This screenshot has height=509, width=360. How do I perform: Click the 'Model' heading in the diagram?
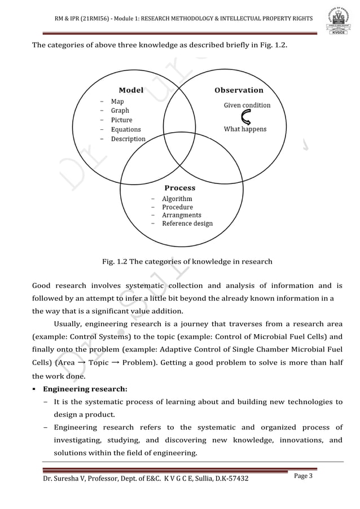click(x=131, y=90)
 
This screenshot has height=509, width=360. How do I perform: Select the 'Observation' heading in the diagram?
click(x=239, y=90)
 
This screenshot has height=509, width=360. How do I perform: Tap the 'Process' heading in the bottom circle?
click(x=179, y=188)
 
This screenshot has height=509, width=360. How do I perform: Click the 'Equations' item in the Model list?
click(x=125, y=129)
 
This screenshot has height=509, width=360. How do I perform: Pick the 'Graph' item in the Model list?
click(x=120, y=111)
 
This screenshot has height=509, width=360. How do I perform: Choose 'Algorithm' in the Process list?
click(x=177, y=199)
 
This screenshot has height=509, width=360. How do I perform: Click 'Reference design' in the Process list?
click(x=187, y=223)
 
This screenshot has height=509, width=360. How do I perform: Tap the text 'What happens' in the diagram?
click(x=245, y=129)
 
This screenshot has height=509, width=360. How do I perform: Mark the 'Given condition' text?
click(x=247, y=105)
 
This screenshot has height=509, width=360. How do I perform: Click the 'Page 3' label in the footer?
click(x=307, y=477)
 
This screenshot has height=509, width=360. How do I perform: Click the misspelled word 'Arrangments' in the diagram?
click(x=181, y=216)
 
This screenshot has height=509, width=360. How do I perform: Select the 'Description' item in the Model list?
click(x=128, y=139)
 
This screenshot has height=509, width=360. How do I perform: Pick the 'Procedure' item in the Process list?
click(x=177, y=207)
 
